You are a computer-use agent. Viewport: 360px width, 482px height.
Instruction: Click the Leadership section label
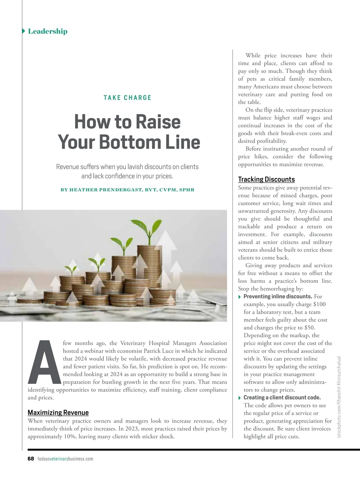coord(47,31)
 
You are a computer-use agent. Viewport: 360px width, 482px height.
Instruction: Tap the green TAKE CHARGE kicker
coord(127,98)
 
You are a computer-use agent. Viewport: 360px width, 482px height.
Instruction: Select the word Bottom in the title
coord(130,142)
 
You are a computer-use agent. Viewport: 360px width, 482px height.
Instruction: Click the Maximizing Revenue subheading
coord(58,412)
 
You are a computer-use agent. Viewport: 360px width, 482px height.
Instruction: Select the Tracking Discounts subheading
coord(266,179)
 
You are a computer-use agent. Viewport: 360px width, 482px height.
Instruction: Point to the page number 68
coord(31,459)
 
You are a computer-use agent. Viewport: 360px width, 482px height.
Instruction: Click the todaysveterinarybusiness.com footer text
coord(65,459)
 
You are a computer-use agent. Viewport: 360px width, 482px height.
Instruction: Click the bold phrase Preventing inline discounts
coord(277,297)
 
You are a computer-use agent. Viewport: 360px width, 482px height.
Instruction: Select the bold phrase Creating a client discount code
coord(282,397)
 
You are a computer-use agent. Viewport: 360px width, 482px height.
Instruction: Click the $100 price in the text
coord(319,304)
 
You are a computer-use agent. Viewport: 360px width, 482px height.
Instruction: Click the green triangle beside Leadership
coord(24,31)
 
